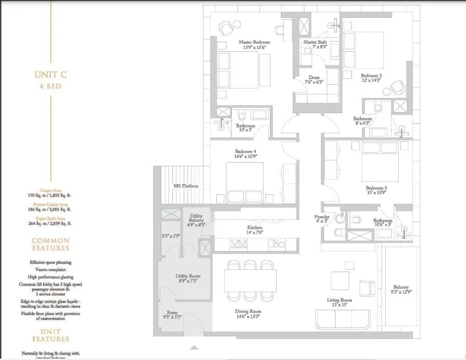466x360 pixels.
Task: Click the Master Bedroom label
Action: pyautogui.click(x=254, y=42)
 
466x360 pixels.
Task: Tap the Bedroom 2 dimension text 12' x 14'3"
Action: pyautogui.click(x=371, y=80)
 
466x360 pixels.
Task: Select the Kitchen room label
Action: pyautogui.click(x=255, y=228)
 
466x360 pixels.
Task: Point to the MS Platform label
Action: pyautogui.click(x=186, y=186)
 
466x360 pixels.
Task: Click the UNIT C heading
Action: pyautogui.click(x=50, y=75)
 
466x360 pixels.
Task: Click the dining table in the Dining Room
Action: pyautogui.click(x=251, y=281)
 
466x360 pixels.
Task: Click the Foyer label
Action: pyautogui.click(x=172, y=312)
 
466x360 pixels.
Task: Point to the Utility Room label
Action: pyautogui.click(x=188, y=276)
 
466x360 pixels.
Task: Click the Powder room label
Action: pyautogui.click(x=322, y=217)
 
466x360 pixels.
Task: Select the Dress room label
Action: pyautogui.click(x=314, y=78)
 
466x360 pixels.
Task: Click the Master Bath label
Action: pyautogui.click(x=315, y=42)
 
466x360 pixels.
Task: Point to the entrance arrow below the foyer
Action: pyautogui.click(x=194, y=347)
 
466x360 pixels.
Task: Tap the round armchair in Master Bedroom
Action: pyautogui.click(x=226, y=29)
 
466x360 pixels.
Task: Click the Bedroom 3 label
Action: pyautogui.click(x=376, y=188)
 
